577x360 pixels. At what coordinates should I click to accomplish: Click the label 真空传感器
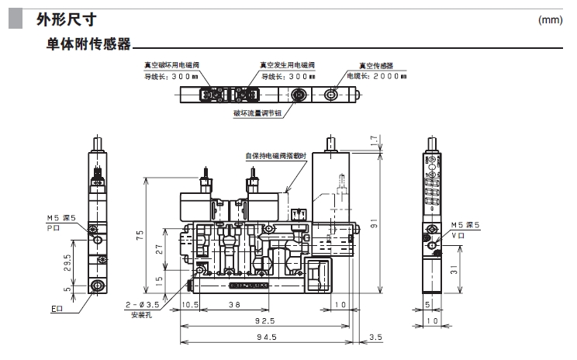(x=376, y=66)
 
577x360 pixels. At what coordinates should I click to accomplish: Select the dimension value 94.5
(x=266, y=337)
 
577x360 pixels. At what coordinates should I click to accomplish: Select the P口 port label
(x=54, y=229)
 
